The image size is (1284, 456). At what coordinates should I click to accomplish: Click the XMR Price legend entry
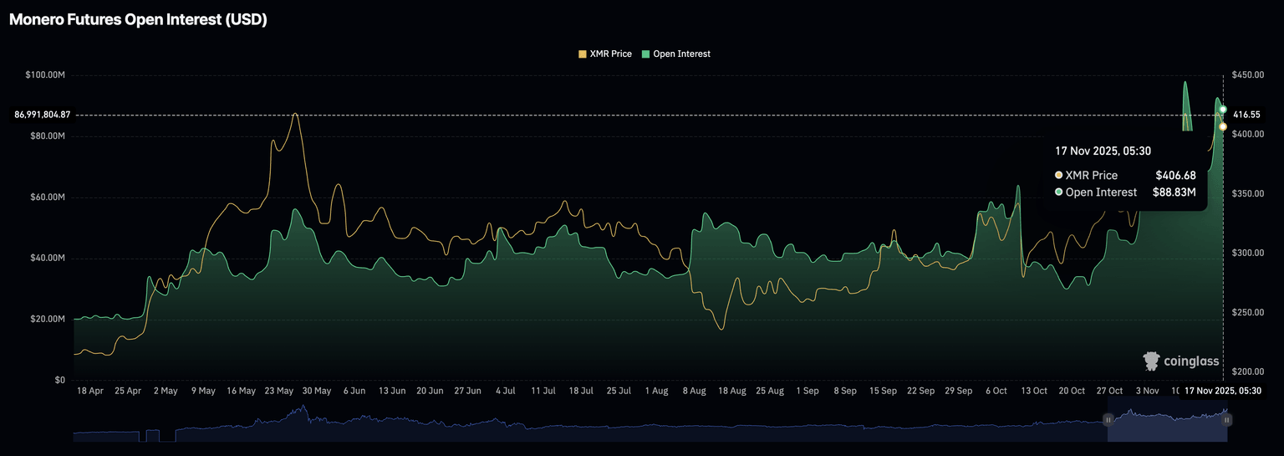pos(604,54)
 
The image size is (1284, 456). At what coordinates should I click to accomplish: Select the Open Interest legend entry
pos(676,54)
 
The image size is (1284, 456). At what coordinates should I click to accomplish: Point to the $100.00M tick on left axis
pos(45,75)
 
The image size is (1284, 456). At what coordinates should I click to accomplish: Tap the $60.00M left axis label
pos(47,197)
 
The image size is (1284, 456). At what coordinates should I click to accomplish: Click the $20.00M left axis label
pos(47,320)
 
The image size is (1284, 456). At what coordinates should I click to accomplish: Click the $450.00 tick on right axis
pos(1248,75)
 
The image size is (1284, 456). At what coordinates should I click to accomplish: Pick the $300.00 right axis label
pos(1248,253)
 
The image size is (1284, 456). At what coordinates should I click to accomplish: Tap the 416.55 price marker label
pos(1246,114)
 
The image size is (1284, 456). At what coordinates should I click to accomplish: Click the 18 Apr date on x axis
pos(89,391)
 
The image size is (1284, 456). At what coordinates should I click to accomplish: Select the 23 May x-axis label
pos(278,391)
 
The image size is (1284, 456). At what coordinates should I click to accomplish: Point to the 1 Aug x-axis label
pos(656,391)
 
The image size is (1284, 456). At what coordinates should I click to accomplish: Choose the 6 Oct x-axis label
pos(996,391)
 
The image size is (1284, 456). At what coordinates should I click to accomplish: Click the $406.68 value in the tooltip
pos(1175,175)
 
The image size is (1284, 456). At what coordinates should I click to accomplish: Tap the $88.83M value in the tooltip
pos(1173,192)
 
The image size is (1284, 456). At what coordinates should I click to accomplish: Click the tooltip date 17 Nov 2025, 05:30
pos(1103,151)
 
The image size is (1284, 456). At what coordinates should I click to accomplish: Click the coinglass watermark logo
pos(1181,361)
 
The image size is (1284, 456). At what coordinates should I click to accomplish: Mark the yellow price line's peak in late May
pos(294,114)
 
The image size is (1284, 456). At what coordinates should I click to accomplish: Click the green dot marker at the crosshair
pos(1223,110)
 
